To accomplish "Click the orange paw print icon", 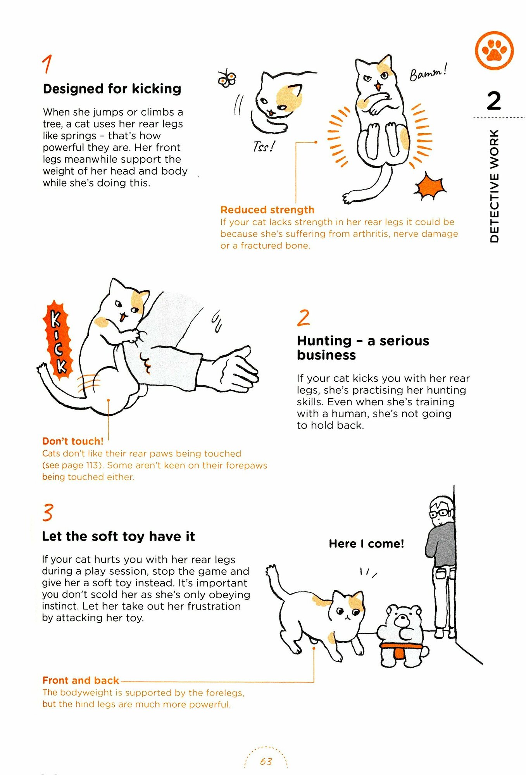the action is tap(494, 51).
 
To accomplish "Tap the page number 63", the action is tap(266, 761).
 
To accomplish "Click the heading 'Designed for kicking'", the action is tap(112, 89).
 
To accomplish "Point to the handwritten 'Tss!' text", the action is tap(264, 146).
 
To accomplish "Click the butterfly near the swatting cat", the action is tap(227, 79).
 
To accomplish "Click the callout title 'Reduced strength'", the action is tap(267, 210).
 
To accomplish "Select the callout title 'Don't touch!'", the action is tap(73, 441).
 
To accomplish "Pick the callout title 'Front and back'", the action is tap(81, 680).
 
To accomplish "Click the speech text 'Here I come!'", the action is tap(366, 544).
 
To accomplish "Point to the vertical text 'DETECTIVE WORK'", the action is tap(494, 186).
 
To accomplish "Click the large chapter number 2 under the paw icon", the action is tap(494, 101).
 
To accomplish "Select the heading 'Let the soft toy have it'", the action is tap(118, 536).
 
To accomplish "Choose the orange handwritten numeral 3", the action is tap(48, 512).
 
